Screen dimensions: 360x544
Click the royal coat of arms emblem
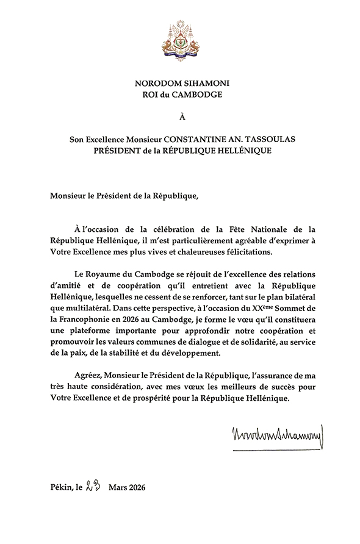click(179, 39)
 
